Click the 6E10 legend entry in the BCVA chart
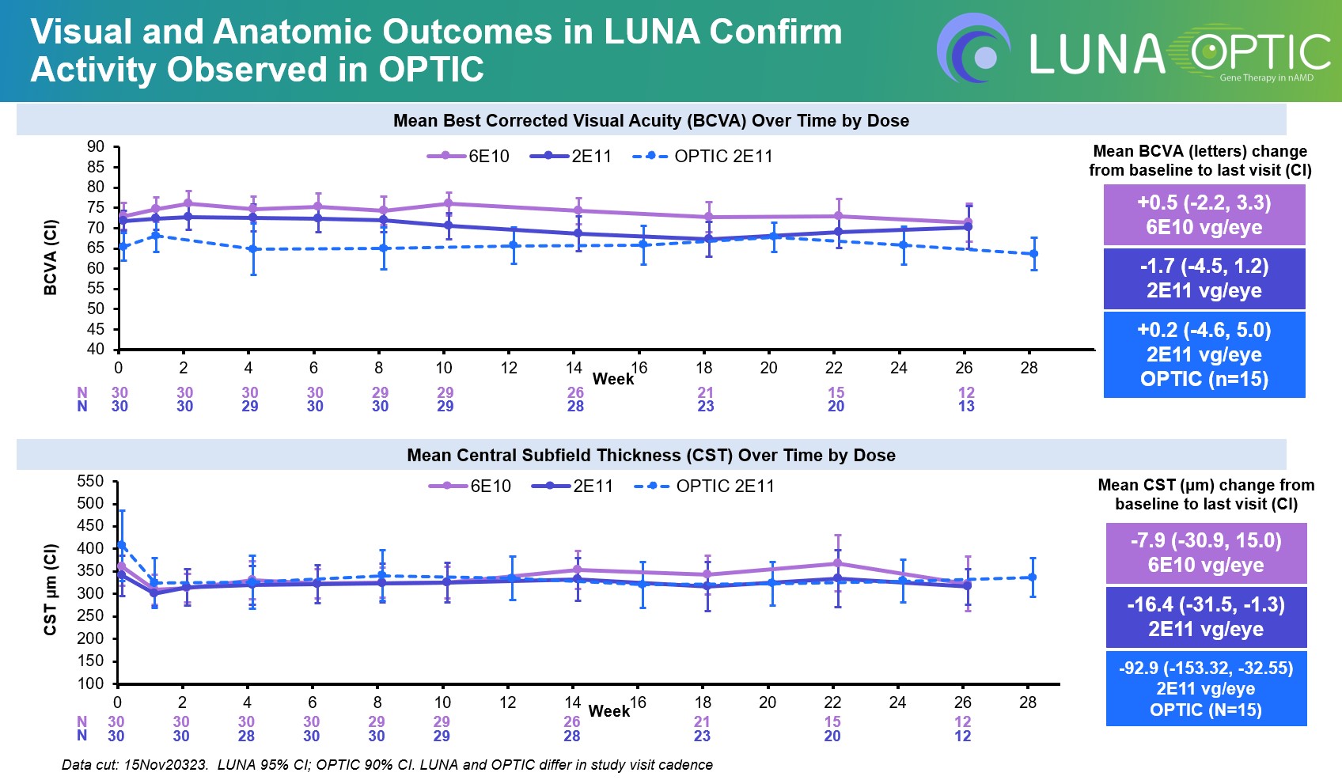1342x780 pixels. point(468,157)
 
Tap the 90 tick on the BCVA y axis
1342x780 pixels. point(96,146)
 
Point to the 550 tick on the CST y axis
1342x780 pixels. point(90,482)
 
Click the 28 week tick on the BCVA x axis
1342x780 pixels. point(1029,368)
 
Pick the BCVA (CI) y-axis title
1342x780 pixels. point(51,257)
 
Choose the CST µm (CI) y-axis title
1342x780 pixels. point(51,590)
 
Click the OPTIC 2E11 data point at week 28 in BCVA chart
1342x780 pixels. point(1033,254)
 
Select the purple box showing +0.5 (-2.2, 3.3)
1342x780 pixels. point(1204,215)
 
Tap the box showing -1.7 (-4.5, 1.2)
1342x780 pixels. point(1204,278)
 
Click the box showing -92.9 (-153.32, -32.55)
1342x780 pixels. point(1206,688)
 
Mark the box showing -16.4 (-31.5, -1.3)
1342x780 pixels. point(1206,617)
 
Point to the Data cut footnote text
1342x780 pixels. point(387,765)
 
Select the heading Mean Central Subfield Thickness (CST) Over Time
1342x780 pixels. point(650,456)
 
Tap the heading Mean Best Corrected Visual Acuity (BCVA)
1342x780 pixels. point(650,121)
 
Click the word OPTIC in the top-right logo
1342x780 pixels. point(1258,52)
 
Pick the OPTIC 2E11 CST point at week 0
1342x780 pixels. point(121,545)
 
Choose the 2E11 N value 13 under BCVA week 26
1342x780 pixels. point(966,407)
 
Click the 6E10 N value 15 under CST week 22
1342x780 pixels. point(832,722)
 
